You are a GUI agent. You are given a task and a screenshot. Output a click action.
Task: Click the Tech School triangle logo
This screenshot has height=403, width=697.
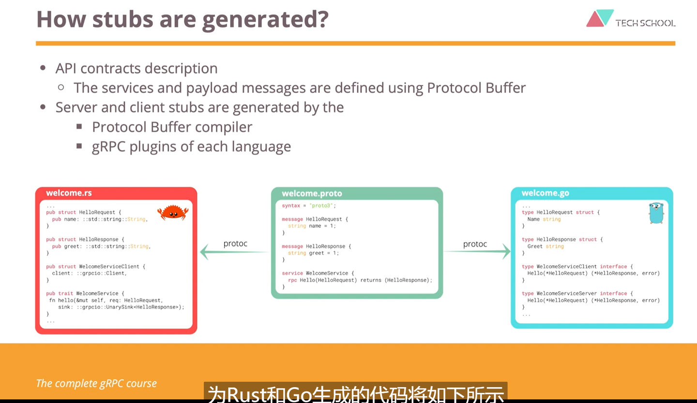tap(600, 18)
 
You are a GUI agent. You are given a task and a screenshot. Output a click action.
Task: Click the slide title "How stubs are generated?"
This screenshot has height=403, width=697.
tap(182, 19)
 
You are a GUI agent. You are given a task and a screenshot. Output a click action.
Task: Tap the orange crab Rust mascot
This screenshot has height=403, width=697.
tap(173, 212)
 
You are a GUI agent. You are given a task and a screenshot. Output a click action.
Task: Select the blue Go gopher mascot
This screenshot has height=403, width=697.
tap(656, 213)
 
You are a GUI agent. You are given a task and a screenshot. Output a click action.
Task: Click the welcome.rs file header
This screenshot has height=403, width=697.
tap(69, 193)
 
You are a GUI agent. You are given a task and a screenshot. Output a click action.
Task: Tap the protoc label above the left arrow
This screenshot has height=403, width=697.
tap(235, 243)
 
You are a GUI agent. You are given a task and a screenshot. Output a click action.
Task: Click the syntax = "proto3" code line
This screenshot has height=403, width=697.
tap(309, 206)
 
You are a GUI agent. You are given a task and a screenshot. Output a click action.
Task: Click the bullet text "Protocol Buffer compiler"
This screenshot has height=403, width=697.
tap(172, 127)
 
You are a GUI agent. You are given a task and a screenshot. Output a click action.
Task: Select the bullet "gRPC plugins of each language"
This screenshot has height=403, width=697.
tap(191, 147)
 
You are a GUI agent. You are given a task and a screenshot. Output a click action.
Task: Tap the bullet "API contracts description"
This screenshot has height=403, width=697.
tap(136, 68)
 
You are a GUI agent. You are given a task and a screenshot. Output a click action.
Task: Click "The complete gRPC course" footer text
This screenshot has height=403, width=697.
tap(96, 383)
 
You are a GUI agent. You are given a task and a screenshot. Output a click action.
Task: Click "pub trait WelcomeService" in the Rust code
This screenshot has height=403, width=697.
tap(85, 293)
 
